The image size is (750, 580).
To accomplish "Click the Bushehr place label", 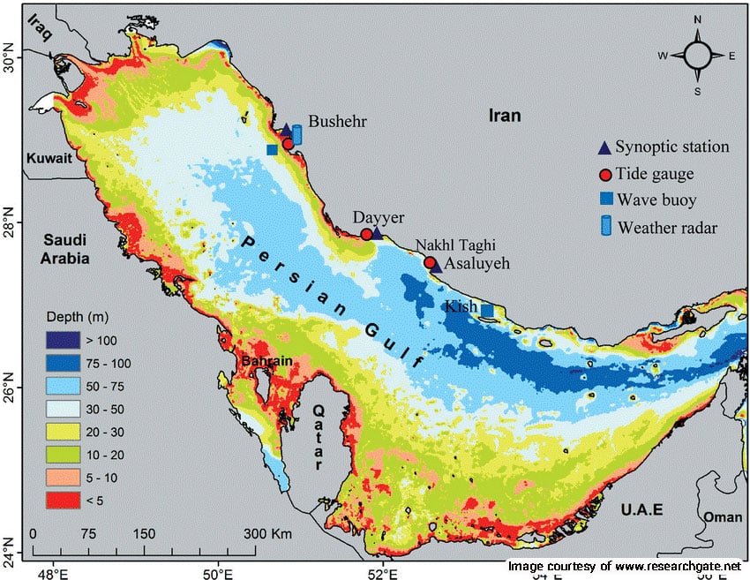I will pyautogui.click(x=337, y=122).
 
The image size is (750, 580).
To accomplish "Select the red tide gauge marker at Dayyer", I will pyautogui.click(x=366, y=234).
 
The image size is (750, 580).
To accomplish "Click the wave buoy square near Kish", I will pyautogui.click(x=487, y=310).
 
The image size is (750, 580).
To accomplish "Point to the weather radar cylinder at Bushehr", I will pyautogui.click(x=297, y=134).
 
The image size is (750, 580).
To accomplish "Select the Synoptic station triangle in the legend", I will pyautogui.click(x=604, y=147).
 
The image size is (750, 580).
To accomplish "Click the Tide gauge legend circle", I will pyautogui.click(x=604, y=174).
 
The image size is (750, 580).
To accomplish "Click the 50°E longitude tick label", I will pyautogui.click(x=218, y=571).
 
